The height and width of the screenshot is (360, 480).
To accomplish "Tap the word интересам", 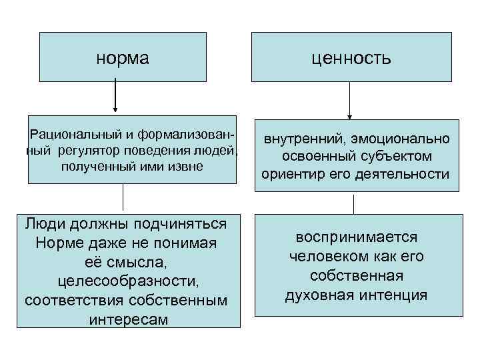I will tap(127, 319).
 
